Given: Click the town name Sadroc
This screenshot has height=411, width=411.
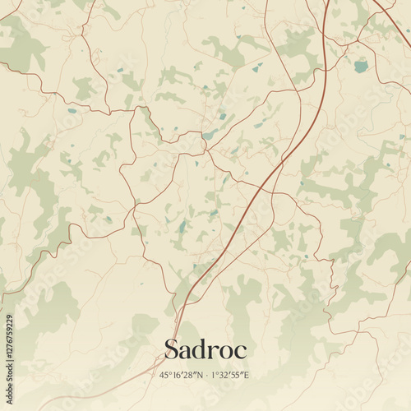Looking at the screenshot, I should [x=205, y=349].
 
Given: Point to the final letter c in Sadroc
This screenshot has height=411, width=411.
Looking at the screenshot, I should [x=240, y=351].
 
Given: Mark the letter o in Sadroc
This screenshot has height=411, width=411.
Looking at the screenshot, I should [x=225, y=351].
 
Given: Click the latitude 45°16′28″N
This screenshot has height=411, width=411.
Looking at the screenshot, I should [x=180, y=376].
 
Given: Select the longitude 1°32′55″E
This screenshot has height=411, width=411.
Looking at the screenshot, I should [x=231, y=376].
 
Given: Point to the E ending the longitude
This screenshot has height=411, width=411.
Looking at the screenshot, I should [x=246, y=376].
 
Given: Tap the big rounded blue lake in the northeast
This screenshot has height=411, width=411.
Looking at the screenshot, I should [x=361, y=67].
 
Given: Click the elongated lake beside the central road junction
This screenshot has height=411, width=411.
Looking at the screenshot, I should [x=210, y=134].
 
